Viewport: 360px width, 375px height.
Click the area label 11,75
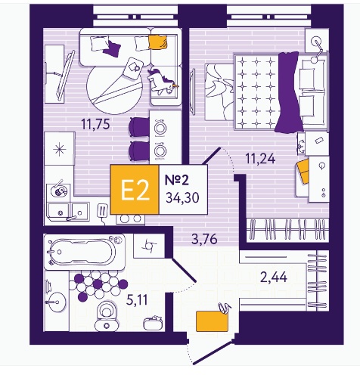pyautogui.click(x=95, y=124)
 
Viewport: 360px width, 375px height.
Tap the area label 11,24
pyautogui.click(x=260, y=159)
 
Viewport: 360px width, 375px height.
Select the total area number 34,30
pyautogui.click(x=182, y=197)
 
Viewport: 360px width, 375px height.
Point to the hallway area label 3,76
pyautogui.click(x=204, y=239)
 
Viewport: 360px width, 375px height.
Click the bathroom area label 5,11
pyautogui.click(x=137, y=300)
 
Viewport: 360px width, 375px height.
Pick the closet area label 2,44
pyautogui.click(x=274, y=277)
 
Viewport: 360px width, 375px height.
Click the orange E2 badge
pyautogui.click(x=135, y=190)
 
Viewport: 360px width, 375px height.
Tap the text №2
pyautogui.click(x=176, y=180)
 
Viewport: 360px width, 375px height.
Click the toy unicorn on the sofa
pyautogui.click(x=162, y=82)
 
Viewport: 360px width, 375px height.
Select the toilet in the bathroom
pyautogui.click(x=107, y=316)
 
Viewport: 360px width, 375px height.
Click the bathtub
pyautogui.click(x=84, y=252)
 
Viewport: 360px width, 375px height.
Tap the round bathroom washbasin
pyautogui.click(x=57, y=302)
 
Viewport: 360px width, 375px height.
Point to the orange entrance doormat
pyautogui.click(x=212, y=321)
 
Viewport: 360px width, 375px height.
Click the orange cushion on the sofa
pyautogui.click(x=157, y=42)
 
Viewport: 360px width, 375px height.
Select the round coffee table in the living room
pyautogui.click(x=115, y=87)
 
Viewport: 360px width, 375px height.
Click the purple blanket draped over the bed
pyautogui.click(x=289, y=92)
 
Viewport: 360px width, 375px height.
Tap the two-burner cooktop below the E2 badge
pyautogui.click(x=131, y=218)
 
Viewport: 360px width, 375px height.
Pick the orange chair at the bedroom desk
pyautogui.click(x=303, y=171)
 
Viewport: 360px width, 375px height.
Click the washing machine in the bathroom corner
pyautogui.click(x=149, y=246)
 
